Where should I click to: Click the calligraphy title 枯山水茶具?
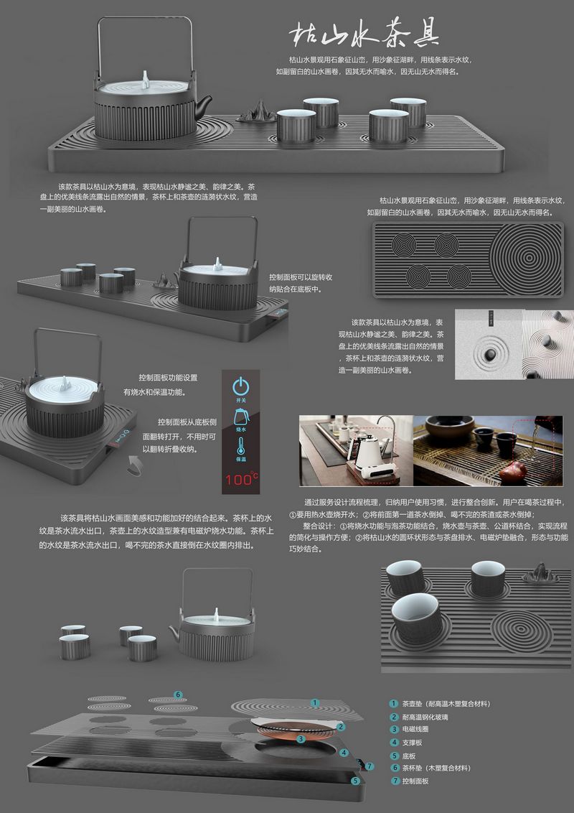(x=364, y=35)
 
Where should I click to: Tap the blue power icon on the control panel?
(x=241, y=386)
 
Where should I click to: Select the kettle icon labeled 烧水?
(x=241, y=417)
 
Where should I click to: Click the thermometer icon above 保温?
(x=241, y=446)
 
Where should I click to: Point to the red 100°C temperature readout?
(x=241, y=478)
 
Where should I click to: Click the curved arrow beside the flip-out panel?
(x=134, y=465)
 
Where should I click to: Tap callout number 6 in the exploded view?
(x=178, y=694)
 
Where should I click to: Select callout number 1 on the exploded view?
(x=314, y=702)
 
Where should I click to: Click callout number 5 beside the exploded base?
(x=355, y=781)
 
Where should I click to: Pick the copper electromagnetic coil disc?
(x=293, y=730)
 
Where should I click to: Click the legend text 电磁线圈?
(x=415, y=729)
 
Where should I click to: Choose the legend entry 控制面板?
(x=415, y=781)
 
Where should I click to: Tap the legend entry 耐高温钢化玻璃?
(x=425, y=717)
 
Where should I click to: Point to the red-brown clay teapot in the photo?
(x=513, y=471)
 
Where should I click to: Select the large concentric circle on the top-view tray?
(x=527, y=259)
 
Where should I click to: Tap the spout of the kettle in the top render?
(x=203, y=103)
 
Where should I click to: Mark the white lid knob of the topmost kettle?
(x=146, y=79)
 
